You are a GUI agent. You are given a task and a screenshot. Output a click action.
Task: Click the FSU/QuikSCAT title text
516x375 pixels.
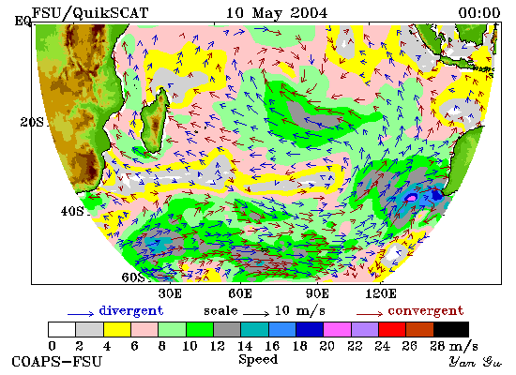click(x=90, y=13)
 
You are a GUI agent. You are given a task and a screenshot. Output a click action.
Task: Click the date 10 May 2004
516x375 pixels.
click(x=277, y=13)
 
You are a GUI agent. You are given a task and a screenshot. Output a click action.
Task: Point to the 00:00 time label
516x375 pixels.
click(x=479, y=13)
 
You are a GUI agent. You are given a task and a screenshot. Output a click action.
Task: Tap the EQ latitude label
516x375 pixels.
click(x=23, y=22)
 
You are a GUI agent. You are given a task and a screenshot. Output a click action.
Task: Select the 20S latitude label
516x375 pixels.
click(x=32, y=123)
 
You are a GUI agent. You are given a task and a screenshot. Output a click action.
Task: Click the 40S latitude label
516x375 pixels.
click(x=72, y=211)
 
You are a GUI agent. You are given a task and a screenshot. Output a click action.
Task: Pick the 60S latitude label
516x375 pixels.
click(x=133, y=277)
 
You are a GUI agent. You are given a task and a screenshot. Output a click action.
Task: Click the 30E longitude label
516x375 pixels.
click(x=170, y=293)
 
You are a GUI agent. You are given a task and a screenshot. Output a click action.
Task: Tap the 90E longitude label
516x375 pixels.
click(x=317, y=293)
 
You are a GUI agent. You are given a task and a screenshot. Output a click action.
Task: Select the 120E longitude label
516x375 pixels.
click(x=381, y=293)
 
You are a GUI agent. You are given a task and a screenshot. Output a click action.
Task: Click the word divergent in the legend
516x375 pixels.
click(x=131, y=310)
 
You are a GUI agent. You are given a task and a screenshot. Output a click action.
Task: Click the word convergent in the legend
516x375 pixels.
click(x=426, y=310)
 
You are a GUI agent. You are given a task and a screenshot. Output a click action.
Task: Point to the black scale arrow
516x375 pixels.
click(x=256, y=314)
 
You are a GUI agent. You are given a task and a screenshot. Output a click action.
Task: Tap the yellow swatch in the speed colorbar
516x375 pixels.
click(x=117, y=330)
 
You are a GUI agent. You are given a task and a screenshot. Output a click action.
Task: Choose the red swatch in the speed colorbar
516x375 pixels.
click(x=392, y=330)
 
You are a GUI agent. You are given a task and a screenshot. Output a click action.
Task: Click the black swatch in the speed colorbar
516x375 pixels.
click(x=451, y=330)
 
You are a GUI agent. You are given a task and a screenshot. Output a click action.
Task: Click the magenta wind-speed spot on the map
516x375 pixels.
click(x=411, y=198)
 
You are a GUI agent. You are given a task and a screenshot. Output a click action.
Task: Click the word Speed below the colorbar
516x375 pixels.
click(x=258, y=359)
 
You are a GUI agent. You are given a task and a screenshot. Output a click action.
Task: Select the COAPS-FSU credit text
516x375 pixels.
click(x=56, y=362)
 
